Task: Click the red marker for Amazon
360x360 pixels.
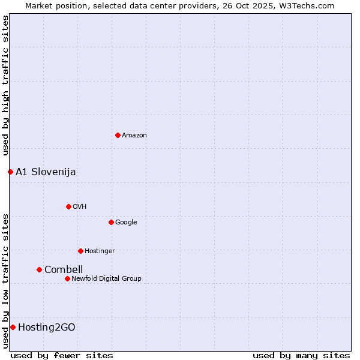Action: (x=118, y=135)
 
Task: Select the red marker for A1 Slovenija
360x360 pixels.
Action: (x=10, y=172)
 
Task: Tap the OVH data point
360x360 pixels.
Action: (x=68, y=206)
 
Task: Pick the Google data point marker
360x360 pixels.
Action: (x=111, y=222)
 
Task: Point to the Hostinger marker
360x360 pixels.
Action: (x=80, y=251)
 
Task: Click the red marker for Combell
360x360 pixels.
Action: (x=39, y=269)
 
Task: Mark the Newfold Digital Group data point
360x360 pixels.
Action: (x=67, y=278)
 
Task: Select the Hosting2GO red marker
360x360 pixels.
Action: (x=13, y=327)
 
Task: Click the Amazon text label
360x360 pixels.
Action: (x=134, y=136)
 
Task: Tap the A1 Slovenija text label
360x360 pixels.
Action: (x=46, y=172)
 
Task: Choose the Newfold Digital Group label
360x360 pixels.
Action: (x=106, y=278)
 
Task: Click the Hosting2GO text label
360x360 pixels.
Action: (x=47, y=328)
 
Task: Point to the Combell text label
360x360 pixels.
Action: (x=64, y=270)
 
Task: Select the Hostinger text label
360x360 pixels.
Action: (x=100, y=251)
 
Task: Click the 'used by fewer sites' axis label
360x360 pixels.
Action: (x=62, y=355)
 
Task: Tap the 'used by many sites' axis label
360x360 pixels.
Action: (x=301, y=355)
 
